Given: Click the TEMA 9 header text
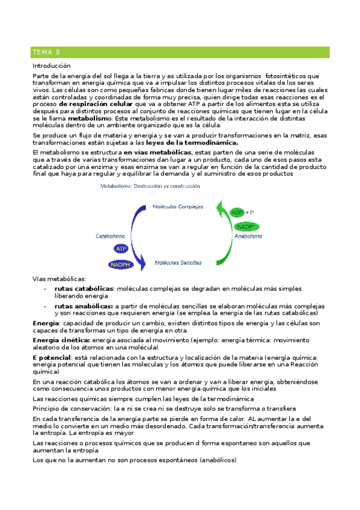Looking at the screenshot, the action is (46, 52).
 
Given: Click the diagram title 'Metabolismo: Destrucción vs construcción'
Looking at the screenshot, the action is (150, 187).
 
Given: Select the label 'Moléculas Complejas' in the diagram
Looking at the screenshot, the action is (178, 206).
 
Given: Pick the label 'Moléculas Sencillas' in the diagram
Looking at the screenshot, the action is (178, 262).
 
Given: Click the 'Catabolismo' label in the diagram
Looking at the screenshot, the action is (110, 236).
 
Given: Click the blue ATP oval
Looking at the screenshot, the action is (121, 248).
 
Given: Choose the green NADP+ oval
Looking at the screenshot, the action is (243, 226).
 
